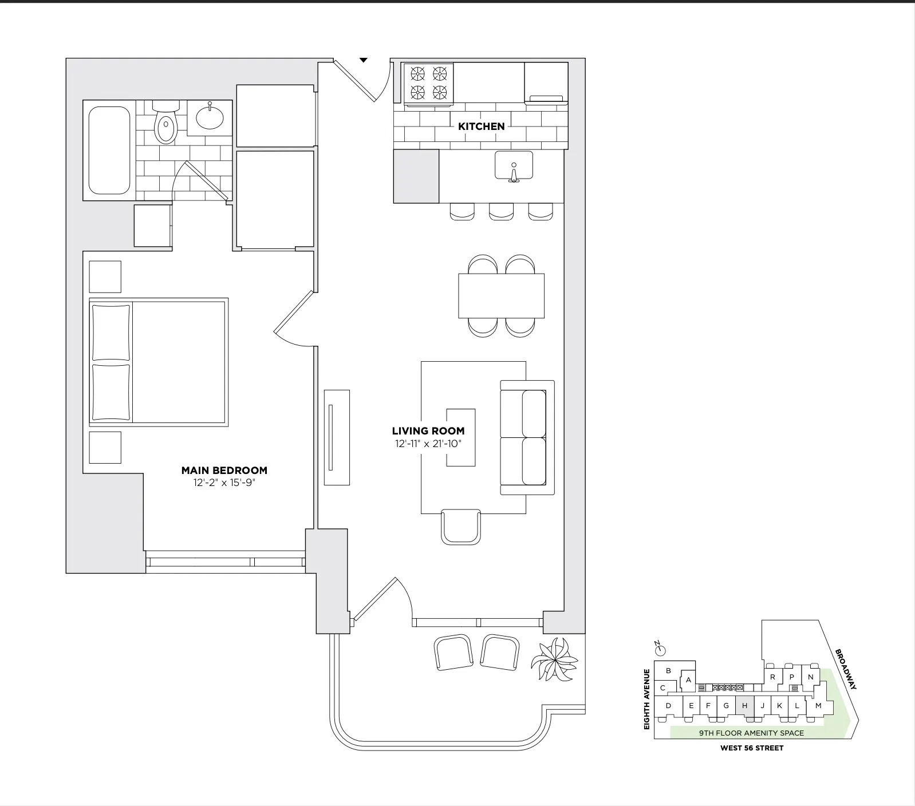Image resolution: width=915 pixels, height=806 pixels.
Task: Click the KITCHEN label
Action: (x=481, y=127)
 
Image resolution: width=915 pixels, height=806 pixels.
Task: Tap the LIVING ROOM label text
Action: (x=428, y=431)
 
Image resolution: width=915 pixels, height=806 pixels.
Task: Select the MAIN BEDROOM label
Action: (x=224, y=471)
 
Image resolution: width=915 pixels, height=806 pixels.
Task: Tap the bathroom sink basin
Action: (x=210, y=118)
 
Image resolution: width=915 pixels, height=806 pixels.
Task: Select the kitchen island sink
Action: (x=514, y=165)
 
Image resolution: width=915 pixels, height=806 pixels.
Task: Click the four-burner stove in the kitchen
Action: (x=428, y=84)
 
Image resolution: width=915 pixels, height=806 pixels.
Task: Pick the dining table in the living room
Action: (x=501, y=296)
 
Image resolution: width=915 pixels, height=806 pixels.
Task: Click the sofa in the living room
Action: (x=527, y=437)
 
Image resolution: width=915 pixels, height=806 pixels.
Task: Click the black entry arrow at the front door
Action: (x=363, y=60)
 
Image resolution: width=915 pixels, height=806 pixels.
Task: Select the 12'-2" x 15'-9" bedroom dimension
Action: (x=224, y=483)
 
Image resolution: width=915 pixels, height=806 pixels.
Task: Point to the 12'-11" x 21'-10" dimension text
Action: (x=428, y=444)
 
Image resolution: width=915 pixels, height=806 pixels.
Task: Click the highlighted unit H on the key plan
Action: (x=744, y=706)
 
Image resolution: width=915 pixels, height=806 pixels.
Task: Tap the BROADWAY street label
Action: (x=845, y=669)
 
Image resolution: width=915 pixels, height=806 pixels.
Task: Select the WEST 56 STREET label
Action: (x=751, y=748)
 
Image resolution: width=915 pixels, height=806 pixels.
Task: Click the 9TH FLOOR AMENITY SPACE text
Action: (x=751, y=733)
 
